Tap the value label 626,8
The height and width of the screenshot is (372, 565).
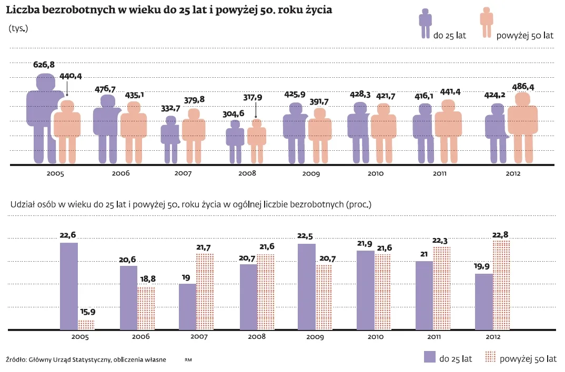pos(44,65)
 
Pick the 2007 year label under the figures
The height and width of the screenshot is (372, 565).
pos(183,173)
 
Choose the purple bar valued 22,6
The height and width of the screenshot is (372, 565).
pos(69,286)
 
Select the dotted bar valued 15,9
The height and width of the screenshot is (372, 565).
pos(86,324)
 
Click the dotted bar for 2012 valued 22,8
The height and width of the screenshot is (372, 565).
pos(501,285)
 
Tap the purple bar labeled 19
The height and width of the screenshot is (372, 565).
pos(187,306)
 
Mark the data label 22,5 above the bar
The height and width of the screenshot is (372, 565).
pos(307,235)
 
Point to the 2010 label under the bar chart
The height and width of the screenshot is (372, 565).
pos(375,337)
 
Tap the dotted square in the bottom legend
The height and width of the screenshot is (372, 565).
pos(489,357)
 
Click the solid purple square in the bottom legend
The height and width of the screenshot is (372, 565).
pos(429,357)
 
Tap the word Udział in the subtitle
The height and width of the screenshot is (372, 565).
pos(22,204)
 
